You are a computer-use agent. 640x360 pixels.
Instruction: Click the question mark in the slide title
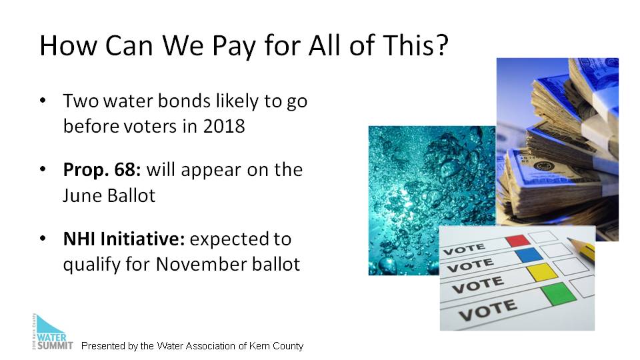tap(441, 45)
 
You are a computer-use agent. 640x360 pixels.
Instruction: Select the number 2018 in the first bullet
tap(224, 126)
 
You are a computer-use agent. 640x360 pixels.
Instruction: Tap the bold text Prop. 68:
tap(101, 170)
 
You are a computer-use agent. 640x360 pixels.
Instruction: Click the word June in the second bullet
tap(80, 195)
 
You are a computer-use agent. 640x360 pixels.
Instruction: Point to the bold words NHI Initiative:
tap(124, 239)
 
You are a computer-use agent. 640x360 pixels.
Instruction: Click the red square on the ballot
tap(518, 241)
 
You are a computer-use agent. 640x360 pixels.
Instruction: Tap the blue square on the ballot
tap(529, 255)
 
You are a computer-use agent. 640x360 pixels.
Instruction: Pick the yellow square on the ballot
tap(542, 272)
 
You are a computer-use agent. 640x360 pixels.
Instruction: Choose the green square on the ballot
tap(559, 293)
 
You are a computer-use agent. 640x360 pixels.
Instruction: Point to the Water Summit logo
tap(52, 332)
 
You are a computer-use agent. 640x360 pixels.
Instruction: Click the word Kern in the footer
tap(259, 346)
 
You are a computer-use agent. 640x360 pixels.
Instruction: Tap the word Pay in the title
tap(234, 46)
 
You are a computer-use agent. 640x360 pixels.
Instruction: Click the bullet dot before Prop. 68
tap(43, 169)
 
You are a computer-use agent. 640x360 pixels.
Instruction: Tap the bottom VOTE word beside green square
tap(488, 310)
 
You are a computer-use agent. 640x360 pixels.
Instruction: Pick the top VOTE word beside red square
tap(464, 249)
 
